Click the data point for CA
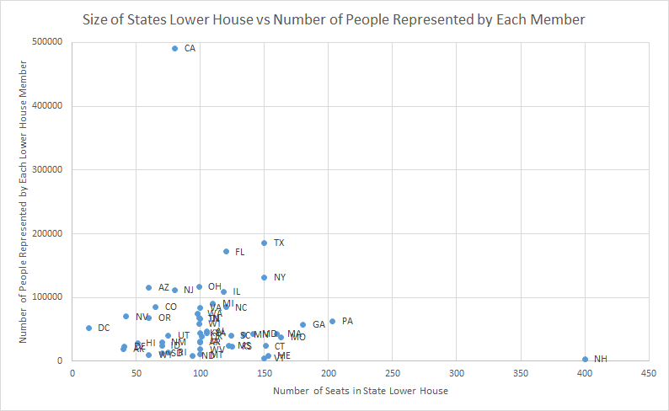174,49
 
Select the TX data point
264,243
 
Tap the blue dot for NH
585,359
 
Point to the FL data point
226,251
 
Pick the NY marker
264,277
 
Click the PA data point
332,321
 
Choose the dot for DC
88,328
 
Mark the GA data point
302,324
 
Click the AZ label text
163,287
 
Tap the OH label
215,286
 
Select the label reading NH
600,359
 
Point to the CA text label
190,49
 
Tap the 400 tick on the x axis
585,371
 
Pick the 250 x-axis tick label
393,371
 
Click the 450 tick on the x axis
649,371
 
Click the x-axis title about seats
360,391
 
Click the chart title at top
334,18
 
